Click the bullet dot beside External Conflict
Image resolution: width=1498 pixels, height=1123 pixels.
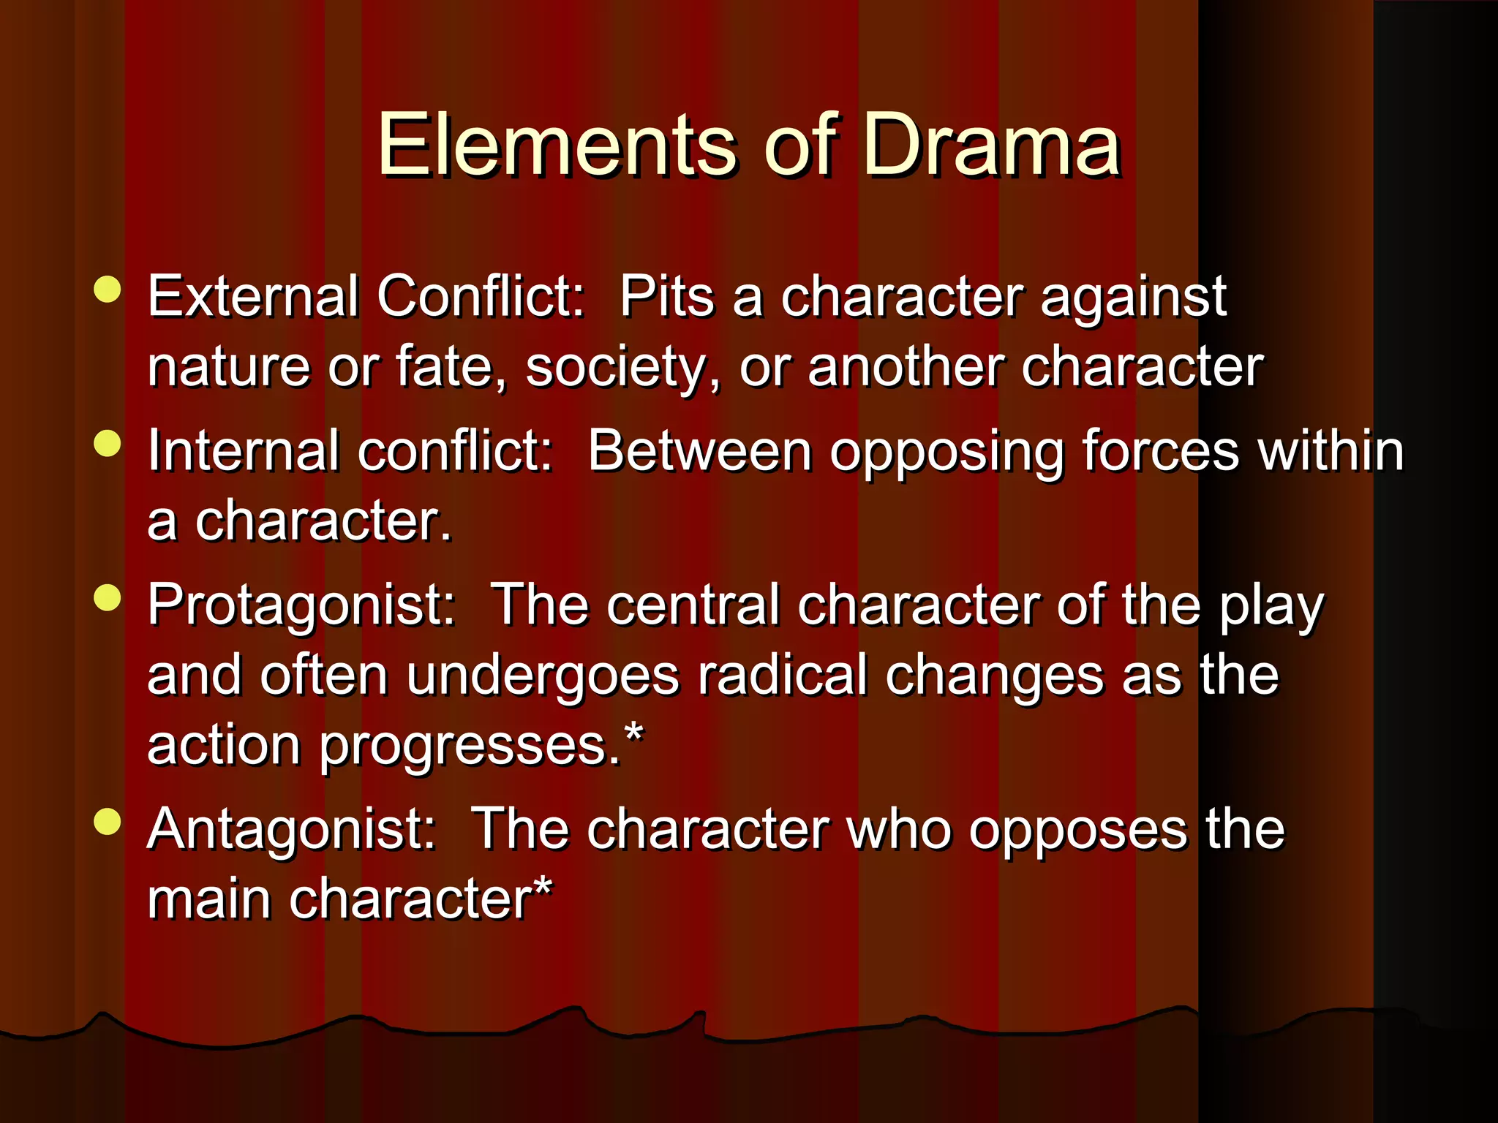click(x=108, y=290)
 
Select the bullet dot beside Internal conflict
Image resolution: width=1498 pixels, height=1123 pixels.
click(x=108, y=443)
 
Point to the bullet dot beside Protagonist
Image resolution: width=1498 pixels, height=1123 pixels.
click(x=108, y=597)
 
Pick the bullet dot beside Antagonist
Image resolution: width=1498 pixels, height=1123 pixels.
click(x=108, y=821)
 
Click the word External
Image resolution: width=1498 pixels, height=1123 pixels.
click(x=252, y=297)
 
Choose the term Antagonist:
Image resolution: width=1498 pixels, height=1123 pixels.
click(x=292, y=830)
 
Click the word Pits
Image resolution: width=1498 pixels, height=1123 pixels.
click(x=666, y=297)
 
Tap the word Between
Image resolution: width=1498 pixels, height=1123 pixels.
click(x=699, y=450)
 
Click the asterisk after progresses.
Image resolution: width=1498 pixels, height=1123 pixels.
click(x=633, y=731)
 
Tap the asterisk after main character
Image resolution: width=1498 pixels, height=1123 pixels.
click(x=542, y=886)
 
